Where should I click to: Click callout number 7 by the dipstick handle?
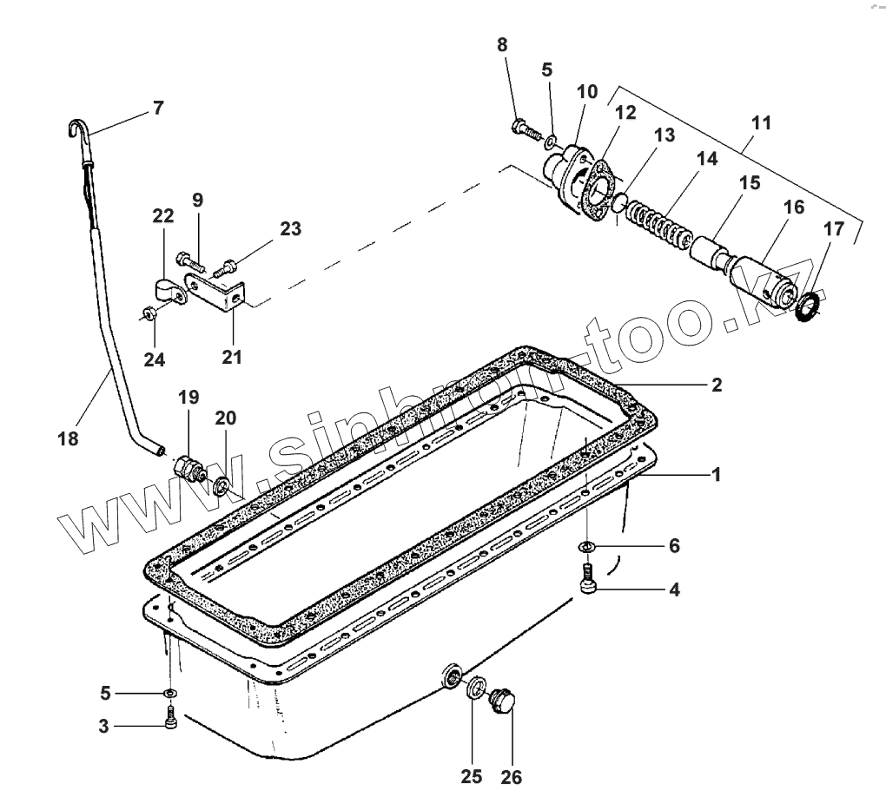(x=157, y=109)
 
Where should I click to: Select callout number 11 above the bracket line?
(x=760, y=122)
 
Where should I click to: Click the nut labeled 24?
(x=149, y=315)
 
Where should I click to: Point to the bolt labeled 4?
(x=589, y=579)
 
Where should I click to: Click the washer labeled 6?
(x=588, y=546)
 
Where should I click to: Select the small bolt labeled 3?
(x=171, y=719)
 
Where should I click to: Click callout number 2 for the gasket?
(x=717, y=385)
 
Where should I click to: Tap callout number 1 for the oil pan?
(x=717, y=474)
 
